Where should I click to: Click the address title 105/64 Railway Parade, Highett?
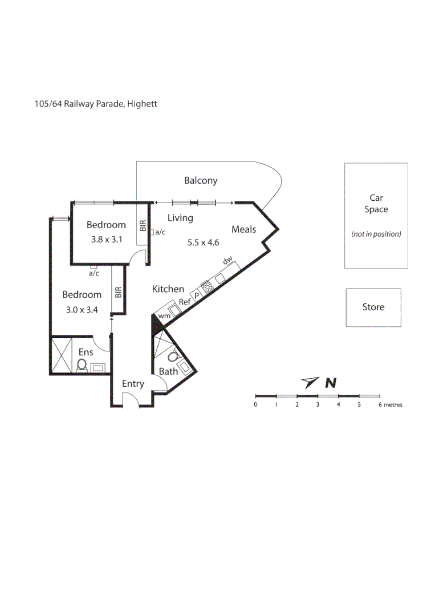(96, 104)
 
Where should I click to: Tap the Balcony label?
(201, 181)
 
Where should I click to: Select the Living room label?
(180, 218)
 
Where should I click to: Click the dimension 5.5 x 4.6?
(204, 242)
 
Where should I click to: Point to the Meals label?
(243, 229)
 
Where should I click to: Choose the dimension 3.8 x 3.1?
(107, 240)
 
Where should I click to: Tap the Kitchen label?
(168, 289)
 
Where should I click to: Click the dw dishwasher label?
(227, 261)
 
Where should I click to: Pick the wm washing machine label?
(164, 315)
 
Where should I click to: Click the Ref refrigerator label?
(185, 302)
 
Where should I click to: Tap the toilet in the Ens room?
(82, 364)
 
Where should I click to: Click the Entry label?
(133, 384)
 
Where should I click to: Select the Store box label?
(373, 307)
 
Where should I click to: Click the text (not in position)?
(376, 234)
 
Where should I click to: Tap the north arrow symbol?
(310, 382)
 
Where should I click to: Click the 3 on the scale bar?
(318, 404)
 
